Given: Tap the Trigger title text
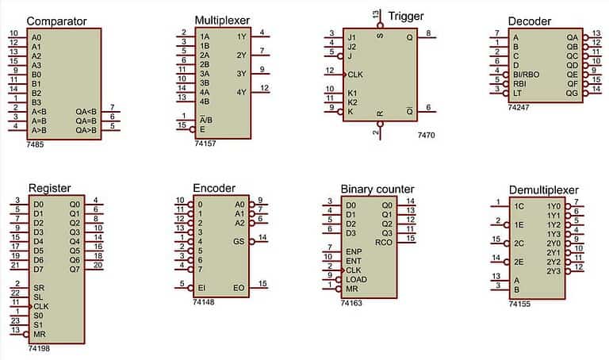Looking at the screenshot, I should pos(407,16).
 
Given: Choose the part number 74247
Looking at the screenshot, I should pos(520,104).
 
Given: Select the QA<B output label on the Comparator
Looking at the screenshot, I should pos(86,111).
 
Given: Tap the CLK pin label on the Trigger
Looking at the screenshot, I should pos(355,74).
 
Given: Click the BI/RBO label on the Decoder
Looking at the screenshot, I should pos(527,73).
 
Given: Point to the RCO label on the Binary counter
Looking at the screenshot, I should pos(383,242).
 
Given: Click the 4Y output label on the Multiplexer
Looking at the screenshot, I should pos(241,91).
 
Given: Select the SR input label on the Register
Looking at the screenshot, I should pos(38,285).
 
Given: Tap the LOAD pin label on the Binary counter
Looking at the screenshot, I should pos(356,280).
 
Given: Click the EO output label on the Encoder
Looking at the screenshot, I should pos(239,286).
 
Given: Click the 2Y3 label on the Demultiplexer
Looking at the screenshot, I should pos(553,271).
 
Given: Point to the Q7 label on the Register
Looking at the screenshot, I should pos(75,269).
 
